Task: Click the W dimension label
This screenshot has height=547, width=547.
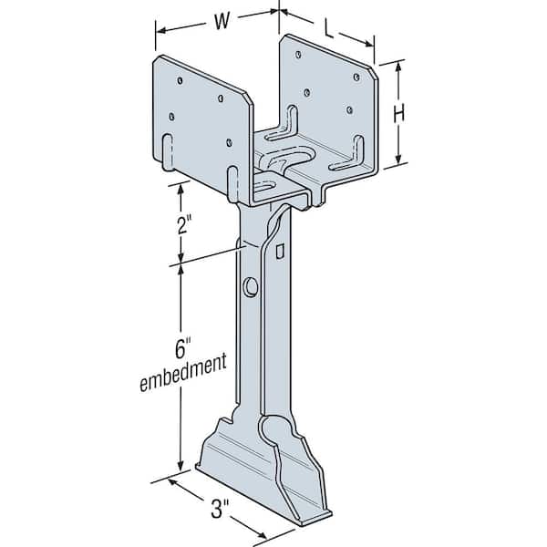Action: tap(222, 21)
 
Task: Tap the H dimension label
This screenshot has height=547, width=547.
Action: tap(399, 114)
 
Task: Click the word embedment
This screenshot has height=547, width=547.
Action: tap(183, 373)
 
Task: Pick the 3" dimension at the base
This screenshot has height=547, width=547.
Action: tap(220, 509)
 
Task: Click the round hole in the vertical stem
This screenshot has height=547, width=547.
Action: tap(251, 287)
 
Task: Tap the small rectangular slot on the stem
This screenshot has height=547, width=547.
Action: tap(280, 252)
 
